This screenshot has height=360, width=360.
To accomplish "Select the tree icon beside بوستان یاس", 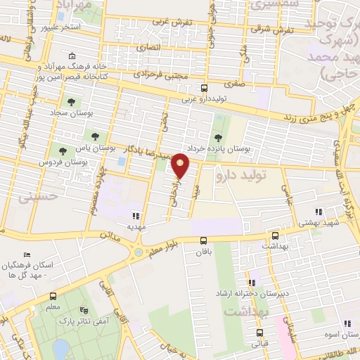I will click(95, 136).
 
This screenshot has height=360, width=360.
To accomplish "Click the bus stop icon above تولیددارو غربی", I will click(204, 89).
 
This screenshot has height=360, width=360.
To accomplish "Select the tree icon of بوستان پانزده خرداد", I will click(217, 136).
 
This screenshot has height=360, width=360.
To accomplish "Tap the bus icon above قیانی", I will click(259, 333).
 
